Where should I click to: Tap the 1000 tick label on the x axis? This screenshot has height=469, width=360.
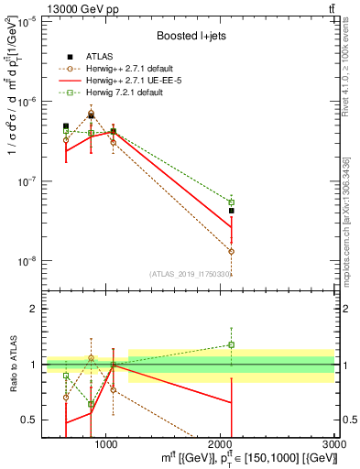[106, 443]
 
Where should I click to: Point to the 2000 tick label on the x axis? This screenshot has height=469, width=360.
[221, 443]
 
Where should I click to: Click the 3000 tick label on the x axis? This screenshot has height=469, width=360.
[333, 443]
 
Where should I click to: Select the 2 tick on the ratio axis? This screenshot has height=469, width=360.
[33, 309]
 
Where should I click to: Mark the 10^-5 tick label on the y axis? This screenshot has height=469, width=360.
[25, 23]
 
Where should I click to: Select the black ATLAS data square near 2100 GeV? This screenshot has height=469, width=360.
[232, 211]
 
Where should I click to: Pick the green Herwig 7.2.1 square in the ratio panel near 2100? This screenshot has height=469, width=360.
[232, 345]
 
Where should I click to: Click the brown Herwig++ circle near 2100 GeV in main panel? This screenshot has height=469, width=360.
[232, 251]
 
